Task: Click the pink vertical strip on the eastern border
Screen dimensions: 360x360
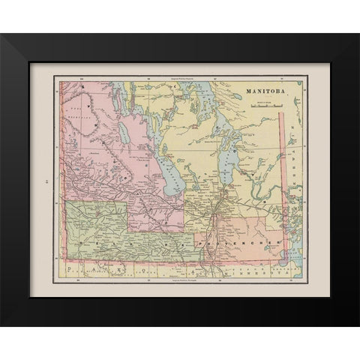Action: click(x=284, y=172)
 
